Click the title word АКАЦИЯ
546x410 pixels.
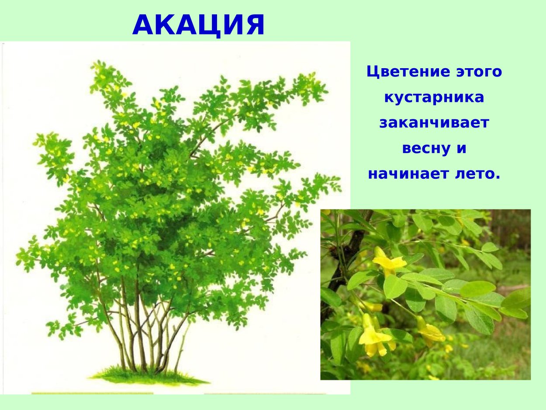(199, 25)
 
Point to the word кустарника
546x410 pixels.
(434, 97)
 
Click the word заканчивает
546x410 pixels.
(434, 123)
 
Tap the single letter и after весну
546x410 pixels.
(462, 149)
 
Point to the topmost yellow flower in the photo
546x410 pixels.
(388, 262)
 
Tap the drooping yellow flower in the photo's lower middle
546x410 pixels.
(430, 332)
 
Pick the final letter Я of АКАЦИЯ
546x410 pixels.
(255, 25)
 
